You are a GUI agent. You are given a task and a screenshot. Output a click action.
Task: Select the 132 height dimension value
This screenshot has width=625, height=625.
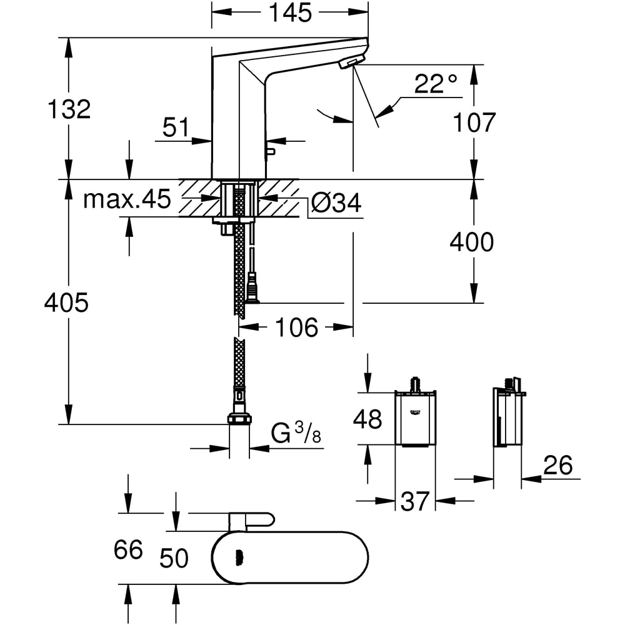pyautogui.click(x=69, y=109)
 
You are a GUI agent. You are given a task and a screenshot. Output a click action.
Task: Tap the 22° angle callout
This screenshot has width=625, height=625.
pyautogui.click(x=436, y=84)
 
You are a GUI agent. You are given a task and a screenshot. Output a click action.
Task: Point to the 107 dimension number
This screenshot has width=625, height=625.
pyautogui.click(x=473, y=122)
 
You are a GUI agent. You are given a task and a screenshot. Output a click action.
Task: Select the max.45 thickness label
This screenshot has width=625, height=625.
pyautogui.click(x=127, y=200)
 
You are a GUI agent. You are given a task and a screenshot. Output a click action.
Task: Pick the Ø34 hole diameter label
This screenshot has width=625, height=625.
pyautogui.click(x=336, y=204)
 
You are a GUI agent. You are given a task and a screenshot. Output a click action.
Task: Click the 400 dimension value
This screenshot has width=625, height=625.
pyautogui.click(x=472, y=242)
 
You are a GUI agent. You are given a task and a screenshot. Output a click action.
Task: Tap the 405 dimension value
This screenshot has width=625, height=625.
pyautogui.click(x=66, y=304)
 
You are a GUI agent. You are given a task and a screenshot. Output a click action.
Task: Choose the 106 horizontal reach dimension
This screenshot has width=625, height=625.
pyautogui.click(x=297, y=327)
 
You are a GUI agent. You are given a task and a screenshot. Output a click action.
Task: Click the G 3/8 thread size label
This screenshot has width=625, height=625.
pyautogui.click(x=296, y=433)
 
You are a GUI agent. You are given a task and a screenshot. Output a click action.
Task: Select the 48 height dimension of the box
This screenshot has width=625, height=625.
pyautogui.click(x=367, y=419)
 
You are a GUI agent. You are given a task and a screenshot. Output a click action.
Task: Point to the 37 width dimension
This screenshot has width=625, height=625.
pyautogui.click(x=415, y=501)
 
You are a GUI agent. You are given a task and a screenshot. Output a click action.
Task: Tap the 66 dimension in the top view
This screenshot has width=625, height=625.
pyautogui.click(x=128, y=550)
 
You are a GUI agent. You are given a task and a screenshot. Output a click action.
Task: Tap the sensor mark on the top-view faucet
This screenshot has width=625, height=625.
pyautogui.click(x=237, y=557)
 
